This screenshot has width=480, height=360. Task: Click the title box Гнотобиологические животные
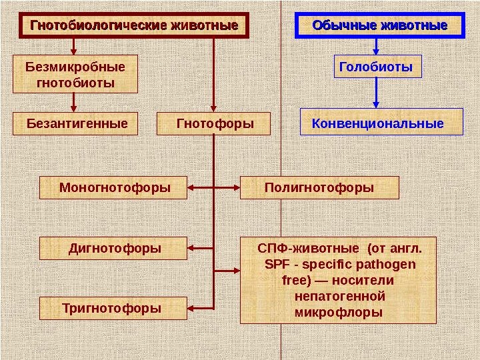coord(133,26)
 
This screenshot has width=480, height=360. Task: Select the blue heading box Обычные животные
coord(380,26)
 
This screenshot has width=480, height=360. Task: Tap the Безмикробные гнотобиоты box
coord(75,75)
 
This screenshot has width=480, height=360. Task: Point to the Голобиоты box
coord(377,67)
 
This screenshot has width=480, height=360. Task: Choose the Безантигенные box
coord(77,124)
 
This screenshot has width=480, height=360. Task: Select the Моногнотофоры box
coord(115,187)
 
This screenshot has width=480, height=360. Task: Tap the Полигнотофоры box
coord(319,187)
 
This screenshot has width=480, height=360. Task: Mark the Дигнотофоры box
coord(115,249)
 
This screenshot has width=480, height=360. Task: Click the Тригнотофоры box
coord(111,309)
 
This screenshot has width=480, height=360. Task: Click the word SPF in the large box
coord(275,265)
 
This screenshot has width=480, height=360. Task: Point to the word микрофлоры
coord(339,311)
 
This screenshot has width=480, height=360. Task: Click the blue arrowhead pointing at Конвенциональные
coord(377,103)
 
